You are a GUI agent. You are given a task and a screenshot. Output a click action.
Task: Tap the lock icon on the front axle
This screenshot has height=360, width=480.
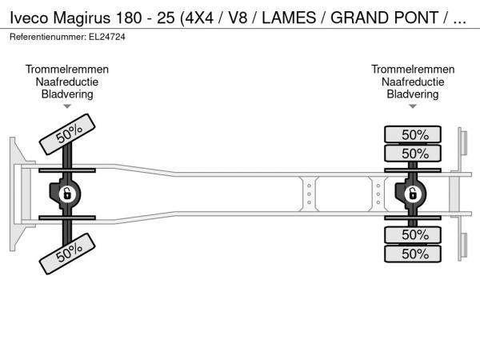[68, 194]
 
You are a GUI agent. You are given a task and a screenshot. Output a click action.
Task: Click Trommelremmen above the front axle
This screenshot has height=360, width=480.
[67, 70]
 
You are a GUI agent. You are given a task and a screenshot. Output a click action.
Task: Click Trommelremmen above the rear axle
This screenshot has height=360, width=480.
[413, 70]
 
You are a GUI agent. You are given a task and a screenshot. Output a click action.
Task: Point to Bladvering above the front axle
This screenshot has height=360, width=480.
[67, 94]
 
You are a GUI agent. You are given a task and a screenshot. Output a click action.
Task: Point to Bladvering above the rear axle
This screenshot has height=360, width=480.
[413, 94]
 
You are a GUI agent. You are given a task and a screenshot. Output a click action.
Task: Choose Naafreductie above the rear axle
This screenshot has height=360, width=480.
[413, 82]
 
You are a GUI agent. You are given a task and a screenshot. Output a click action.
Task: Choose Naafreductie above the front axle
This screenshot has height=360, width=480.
[67, 82]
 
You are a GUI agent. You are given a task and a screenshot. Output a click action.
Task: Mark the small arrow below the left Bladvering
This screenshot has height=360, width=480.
[67, 106]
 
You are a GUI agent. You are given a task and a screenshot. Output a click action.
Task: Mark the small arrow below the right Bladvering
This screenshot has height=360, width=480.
[413, 106]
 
